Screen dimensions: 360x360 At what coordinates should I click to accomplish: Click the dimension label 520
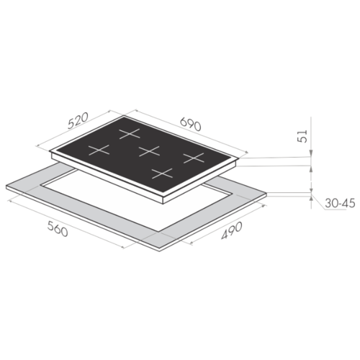pyautogui.click(x=78, y=120)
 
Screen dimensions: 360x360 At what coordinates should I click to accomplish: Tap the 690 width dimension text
pyautogui.click(x=191, y=124)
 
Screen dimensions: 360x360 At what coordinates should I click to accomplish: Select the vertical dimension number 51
pyautogui.click(x=302, y=136)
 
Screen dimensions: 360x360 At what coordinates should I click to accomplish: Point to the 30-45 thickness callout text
pyautogui.click(x=340, y=204)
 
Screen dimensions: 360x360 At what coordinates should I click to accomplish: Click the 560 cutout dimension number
pyautogui.click(x=58, y=228)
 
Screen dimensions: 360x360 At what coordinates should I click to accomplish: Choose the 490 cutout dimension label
pyautogui.click(x=232, y=231)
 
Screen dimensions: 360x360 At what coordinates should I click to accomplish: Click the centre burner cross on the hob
pyautogui.click(x=149, y=151)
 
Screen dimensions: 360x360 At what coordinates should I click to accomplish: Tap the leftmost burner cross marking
pyautogui.click(x=99, y=150)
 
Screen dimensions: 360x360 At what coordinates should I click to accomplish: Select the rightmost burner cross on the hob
pyautogui.click(x=194, y=158)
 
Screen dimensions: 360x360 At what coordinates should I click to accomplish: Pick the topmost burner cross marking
pyautogui.click(x=130, y=133)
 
